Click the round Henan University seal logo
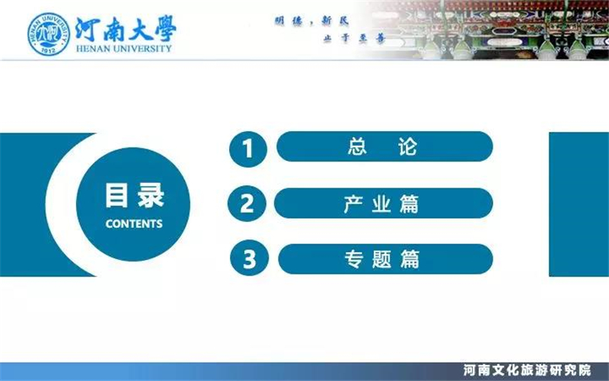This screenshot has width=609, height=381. point(49,34)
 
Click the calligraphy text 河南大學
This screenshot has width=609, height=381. point(126,29)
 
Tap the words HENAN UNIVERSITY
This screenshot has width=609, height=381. point(124,49)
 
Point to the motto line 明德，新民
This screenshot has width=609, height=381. point(312,21)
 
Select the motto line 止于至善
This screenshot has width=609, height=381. point(353,39)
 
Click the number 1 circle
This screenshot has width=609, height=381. point(248,149)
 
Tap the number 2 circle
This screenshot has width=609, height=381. point(247,203)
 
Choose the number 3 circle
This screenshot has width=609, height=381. point(250,258)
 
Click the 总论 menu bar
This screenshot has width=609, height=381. point(384,146)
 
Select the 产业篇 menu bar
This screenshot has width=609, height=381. point(384,203)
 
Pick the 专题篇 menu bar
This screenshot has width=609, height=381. point(386,259)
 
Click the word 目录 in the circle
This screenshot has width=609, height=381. point(135,196)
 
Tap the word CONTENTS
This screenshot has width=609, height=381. point(134,223)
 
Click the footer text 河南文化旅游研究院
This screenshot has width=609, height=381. point(527,370)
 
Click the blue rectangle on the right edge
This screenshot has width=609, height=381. point(579,204)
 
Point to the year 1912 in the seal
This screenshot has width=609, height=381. point(49,50)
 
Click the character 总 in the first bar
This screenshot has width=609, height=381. point(357,146)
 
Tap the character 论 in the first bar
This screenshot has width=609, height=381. point(407,146)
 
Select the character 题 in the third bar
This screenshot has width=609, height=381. point(381,259)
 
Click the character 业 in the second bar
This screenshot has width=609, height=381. point(381,203)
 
